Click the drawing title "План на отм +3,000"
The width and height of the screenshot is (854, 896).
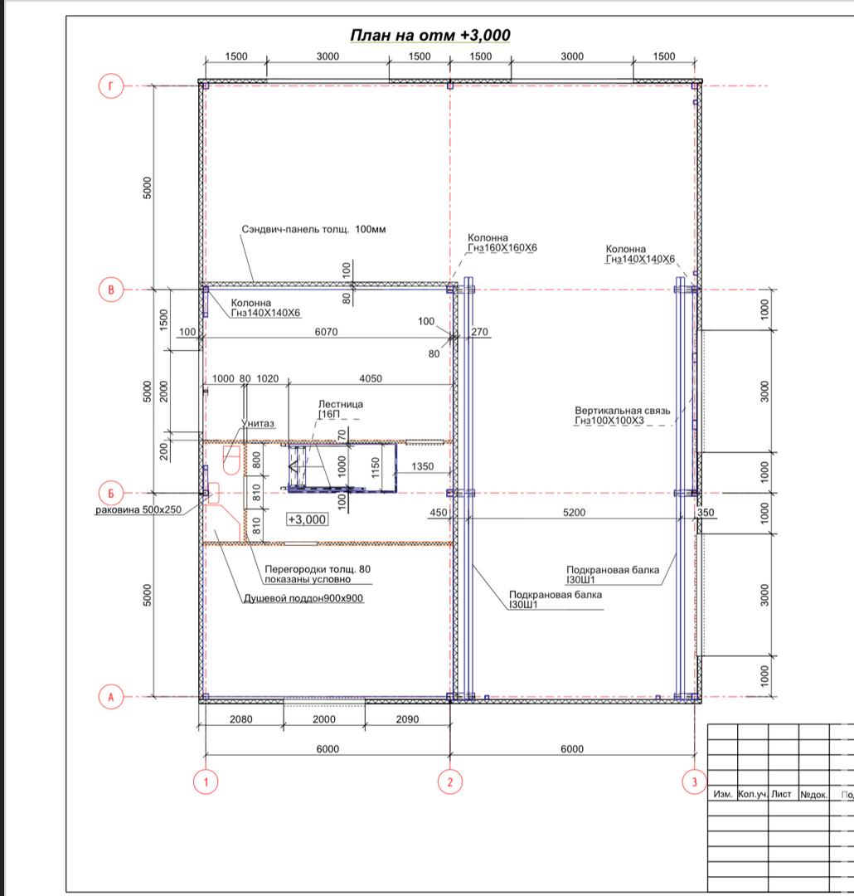[x=430, y=36]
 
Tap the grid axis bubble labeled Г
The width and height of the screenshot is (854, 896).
[x=111, y=86]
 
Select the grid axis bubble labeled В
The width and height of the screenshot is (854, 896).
[x=111, y=290]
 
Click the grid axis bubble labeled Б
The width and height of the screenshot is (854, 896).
[x=111, y=493]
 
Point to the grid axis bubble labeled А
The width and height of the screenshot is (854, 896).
[x=111, y=697]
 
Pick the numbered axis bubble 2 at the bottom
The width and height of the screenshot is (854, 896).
[x=450, y=782]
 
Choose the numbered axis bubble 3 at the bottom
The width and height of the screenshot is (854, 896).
[x=695, y=782]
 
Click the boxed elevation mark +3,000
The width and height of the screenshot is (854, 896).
[x=308, y=519]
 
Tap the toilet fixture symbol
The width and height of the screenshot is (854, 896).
[x=230, y=460]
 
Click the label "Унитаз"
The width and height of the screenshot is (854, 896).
[x=258, y=423]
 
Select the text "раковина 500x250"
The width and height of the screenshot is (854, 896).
[x=138, y=509]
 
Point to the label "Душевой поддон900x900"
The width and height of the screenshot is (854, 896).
[x=303, y=598]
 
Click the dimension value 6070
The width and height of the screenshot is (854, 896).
[x=326, y=331]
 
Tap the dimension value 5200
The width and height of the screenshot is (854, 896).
[x=574, y=512]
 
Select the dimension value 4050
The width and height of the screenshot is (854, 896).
[x=371, y=378]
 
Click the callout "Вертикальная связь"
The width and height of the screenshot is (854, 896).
[x=623, y=411]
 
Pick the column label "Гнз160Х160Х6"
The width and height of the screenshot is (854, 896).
[x=502, y=248]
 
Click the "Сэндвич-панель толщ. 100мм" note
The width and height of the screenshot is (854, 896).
[x=313, y=229]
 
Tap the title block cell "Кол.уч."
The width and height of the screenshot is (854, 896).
[x=752, y=794]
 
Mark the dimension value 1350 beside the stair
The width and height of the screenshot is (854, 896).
[x=423, y=466]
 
